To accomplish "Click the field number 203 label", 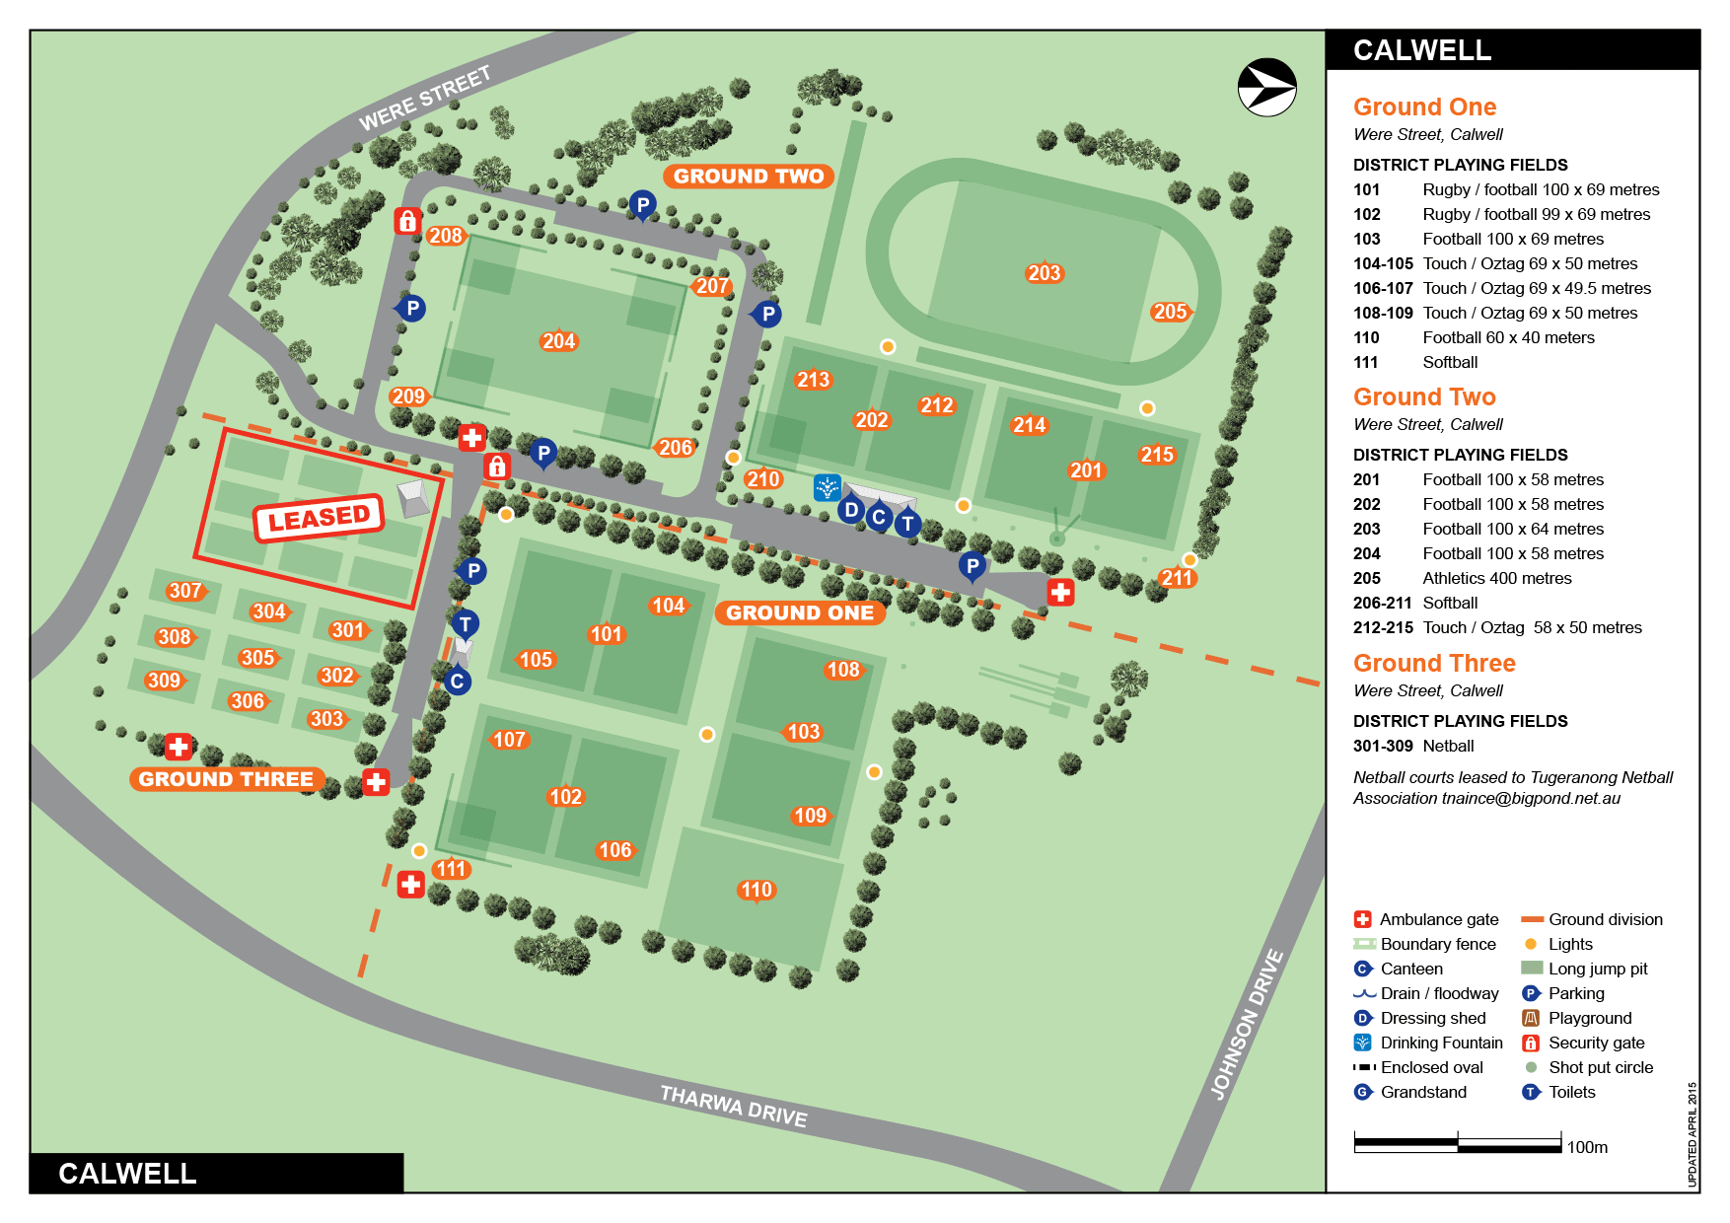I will coord(1044,273).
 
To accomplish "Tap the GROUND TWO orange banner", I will coord(749,177).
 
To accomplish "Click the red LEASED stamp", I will coord(319,518).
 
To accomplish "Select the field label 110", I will coord(757,890).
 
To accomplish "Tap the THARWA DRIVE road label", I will coord(733,1106).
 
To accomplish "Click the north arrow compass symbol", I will coord(1266,88).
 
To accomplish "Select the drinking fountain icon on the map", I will coord(827,486).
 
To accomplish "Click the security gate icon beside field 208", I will coord(407,221).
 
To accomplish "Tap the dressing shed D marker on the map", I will coord(851,510).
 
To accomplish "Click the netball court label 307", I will coord(185,591).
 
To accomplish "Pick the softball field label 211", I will coord(1177,578).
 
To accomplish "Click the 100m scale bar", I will coord(1457,1144).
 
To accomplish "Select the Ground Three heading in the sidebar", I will coord(1433,663).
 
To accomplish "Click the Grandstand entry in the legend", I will coord(1422,1092).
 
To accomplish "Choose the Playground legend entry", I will coord(1589,1018).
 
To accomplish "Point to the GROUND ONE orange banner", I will coord(800,612).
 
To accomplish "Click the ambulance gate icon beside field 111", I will coord(411,884).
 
